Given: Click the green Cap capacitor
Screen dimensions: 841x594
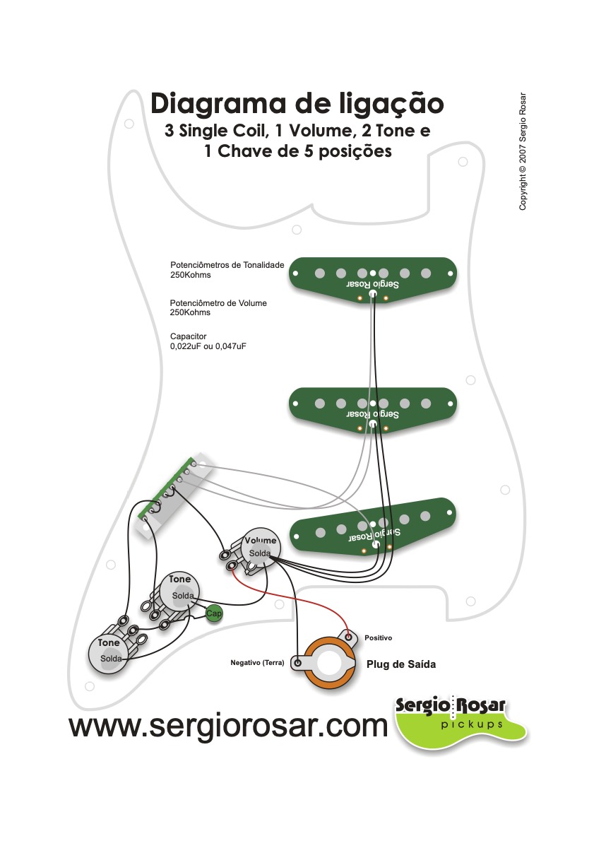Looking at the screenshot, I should [x=213, y=613].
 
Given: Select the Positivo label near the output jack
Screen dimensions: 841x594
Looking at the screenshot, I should [x=378, y=638].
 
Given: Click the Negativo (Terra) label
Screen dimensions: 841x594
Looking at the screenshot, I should [x=257, y=663].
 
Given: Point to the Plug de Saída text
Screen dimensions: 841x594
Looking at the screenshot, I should [x=400, y=664].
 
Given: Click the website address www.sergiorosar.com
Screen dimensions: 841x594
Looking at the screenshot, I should [x=228, y=725].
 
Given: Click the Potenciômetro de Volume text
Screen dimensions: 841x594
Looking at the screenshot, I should [x=218, y=307].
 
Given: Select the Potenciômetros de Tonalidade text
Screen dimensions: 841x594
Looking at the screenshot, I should [x=226, y=269].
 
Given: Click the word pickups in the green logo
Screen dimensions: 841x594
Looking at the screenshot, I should [x=471, y=724].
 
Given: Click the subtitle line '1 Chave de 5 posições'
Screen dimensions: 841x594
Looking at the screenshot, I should [x=297, y=151].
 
